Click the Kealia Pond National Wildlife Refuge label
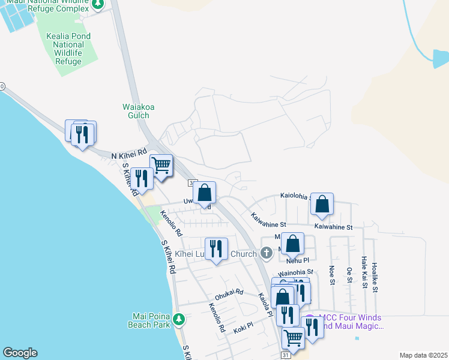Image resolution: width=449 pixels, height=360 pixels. (x=68, y=49)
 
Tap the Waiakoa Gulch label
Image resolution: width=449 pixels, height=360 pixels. (x=139, y=111)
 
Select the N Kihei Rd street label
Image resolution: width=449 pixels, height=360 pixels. (x=129, y=154)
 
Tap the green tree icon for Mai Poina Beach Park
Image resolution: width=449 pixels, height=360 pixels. (x=179, y=320)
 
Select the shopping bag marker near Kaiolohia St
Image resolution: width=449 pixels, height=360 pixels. (x=322, y=205)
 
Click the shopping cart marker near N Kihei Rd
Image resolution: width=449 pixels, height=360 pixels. (x=161, y=165)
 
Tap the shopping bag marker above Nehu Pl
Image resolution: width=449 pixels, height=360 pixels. (x=292, y=244)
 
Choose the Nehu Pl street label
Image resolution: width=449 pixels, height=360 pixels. (x=297, y=260)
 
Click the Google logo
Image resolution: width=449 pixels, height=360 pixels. (x=20, y=353)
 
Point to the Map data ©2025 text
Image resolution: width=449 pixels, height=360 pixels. (x=423, y=355)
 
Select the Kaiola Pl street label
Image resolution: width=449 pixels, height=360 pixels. (x=265, y=305)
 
